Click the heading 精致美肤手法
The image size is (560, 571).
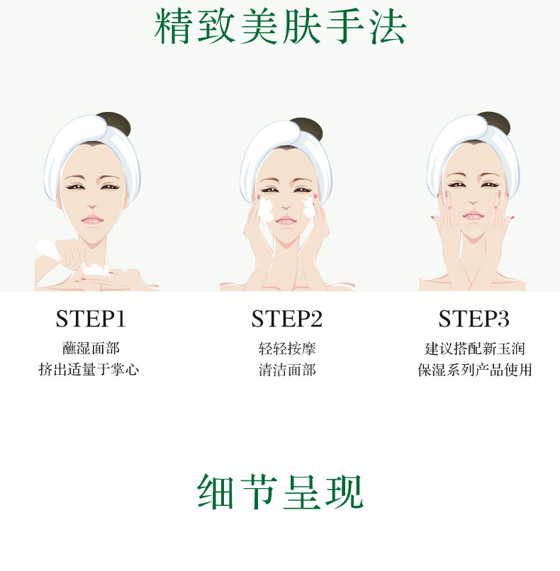(x=280, y=28)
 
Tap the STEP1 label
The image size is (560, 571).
(x=91, y=319)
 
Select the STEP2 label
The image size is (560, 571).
(x=286, y=319)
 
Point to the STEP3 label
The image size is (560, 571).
(x=474, y=319)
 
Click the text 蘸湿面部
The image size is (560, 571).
(x=91, y=349)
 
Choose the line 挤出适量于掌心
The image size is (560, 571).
(x=89, y=370)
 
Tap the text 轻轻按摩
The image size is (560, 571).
(x=286, y=349)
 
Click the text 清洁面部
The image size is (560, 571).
(x=286, y=370)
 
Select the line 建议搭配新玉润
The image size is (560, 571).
(x=474, y=349)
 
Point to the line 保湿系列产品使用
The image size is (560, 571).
(x=474, y=370)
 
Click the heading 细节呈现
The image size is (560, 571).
(x=279, y=491)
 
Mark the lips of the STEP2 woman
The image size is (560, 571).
(x=286, y=220)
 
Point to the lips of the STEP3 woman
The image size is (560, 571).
(x=472, y=215)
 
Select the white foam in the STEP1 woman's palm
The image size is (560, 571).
(x=94, y=269)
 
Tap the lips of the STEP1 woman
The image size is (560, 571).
(x=92, y=220)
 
